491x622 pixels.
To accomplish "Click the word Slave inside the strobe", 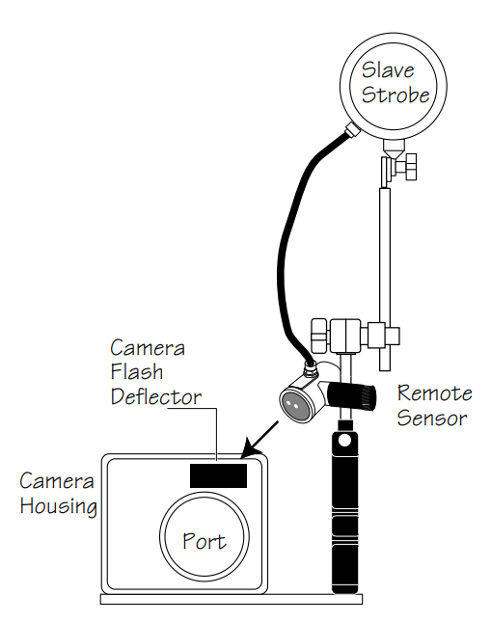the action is coord(388,70).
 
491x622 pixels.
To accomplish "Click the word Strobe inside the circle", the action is coord(396,95).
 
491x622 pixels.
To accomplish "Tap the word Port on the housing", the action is coord(205,541).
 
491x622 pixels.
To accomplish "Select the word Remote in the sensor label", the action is coord(435,392).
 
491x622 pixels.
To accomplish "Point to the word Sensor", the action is coord(432,418).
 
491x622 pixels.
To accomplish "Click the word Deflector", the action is coord(156,396).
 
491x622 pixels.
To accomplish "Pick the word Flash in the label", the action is coord(137,371).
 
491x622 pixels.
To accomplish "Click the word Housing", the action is coord(59,506).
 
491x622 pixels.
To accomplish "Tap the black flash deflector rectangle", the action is coord(218,475).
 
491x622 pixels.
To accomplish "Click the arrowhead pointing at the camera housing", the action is coord(249,448).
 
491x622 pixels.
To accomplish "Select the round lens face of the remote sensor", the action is coord(295,405).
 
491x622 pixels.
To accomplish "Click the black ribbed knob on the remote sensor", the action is coord(351,396).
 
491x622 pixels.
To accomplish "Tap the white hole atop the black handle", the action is coord(344,440).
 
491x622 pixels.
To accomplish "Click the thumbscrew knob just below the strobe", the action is coord(410,167).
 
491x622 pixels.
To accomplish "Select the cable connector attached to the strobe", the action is coord(352,129).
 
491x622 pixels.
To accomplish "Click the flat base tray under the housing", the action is coord(232,599).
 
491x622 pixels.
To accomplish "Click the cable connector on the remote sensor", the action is coord(310,369).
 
